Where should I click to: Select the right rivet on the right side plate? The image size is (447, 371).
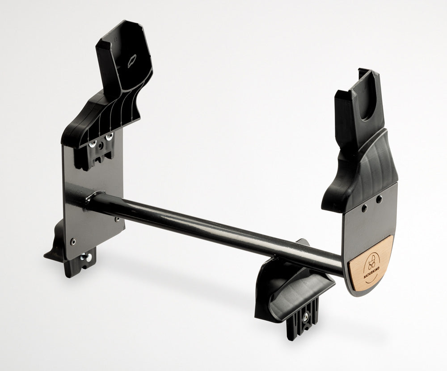point(379,199)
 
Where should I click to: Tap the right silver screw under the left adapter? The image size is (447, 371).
point(109,138)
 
